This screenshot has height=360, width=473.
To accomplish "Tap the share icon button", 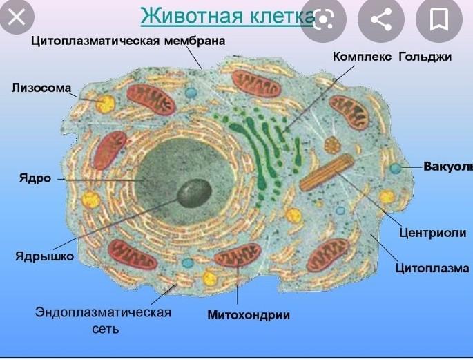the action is pyautogui.click(x=381, y=19).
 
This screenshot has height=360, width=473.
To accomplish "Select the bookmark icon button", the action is pyautogui.click(x=438, y=19).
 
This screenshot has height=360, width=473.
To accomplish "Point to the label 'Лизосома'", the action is pyautogui.click(x=41, y=88).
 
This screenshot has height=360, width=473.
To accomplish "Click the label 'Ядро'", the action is pyautogui.click(x=35, y=178).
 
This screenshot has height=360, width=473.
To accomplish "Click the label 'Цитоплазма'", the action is pyautogui.click(x=432, y=268).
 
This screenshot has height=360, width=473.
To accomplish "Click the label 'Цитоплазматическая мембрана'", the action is pyautogui.click(x=128, y=41).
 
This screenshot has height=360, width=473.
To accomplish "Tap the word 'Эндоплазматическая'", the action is pyautogui.click(x=104, y=312).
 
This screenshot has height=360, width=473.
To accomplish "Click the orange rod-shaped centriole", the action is pyautogui.click(x=327, y=173).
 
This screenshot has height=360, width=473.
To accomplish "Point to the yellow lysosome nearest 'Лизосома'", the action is pyautogui.click(x=106, y=104).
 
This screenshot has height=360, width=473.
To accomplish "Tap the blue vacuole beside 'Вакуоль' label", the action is pyautogui.click(x=395, y=168).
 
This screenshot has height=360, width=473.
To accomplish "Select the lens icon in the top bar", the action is pyautogui.click(x=324, y=19).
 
